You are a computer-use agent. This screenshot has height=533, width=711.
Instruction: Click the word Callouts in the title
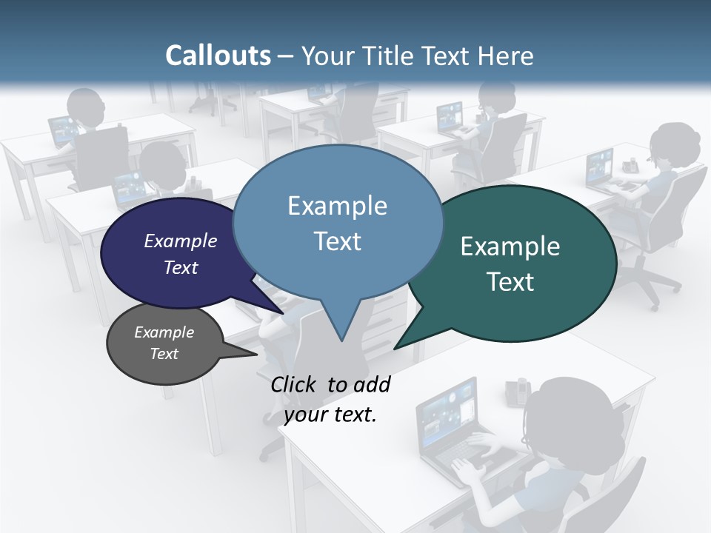[218, 56]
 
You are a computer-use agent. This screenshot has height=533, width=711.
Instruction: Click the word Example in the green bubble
[510, 247]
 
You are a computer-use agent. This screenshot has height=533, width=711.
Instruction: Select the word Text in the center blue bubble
[338, 241]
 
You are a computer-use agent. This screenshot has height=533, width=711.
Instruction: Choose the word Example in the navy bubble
[180, 241]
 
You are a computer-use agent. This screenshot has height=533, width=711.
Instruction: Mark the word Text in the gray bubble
[164, 354]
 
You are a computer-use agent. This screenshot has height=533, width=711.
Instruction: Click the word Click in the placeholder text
[294, 384]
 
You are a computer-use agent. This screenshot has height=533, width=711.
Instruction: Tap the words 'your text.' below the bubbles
[330, 415]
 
